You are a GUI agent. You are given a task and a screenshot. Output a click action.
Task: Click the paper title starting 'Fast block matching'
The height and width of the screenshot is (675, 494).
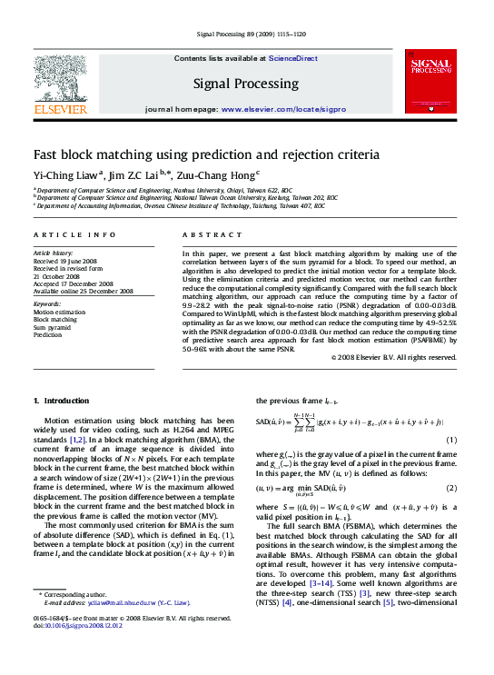[206, 154]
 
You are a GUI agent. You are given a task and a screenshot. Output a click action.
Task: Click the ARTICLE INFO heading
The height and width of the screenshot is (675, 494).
[74, 234]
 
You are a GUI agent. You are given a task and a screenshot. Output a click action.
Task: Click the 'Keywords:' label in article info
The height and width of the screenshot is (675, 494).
[47, 303]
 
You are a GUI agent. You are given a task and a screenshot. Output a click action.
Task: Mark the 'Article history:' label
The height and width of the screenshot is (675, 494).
[53, 252]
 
